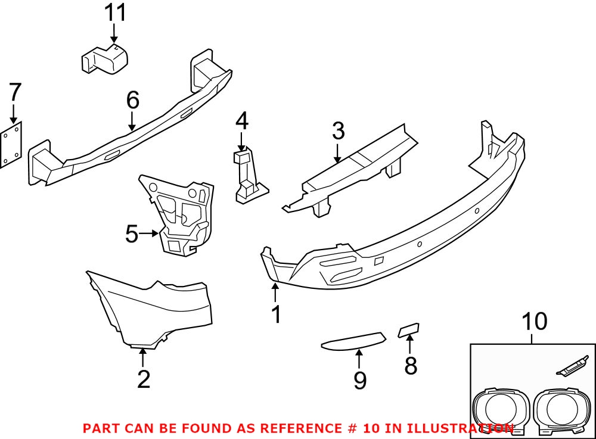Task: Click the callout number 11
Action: click(115, 13)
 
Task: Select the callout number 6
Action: click(132, 100)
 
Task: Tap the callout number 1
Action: click(275, 314)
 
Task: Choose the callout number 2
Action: click(144, 378)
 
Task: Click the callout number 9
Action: click(359, 379)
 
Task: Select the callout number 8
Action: click(411, 365)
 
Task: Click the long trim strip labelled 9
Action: click(353, 341)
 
